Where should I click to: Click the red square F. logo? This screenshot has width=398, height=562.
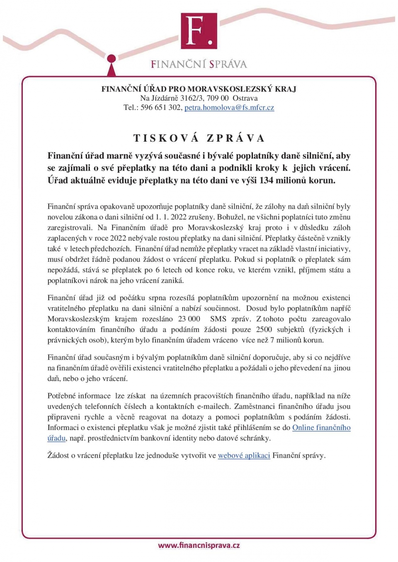pyautogui.click(x=199, y=31)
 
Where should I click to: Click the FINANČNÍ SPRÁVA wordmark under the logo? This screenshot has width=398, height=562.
pyautogui.click(x=199, y=64)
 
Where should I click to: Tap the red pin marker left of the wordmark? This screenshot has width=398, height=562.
pyautogui.click(x=111, y=62)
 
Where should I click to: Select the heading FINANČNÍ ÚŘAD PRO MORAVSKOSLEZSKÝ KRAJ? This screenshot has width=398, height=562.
pyautogui.click(x=199, y=89)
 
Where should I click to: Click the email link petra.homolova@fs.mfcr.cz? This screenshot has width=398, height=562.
pyautogui.click(x=229, y=108)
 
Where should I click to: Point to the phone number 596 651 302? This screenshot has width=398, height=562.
pyautogui.click(x=161, y=108)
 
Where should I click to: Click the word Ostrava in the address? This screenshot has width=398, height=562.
pyautogui.click(x=245, y=98)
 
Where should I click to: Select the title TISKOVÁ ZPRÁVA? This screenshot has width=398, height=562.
pyautogui.click(x=199, y=138)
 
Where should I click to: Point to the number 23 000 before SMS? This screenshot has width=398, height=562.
pyautogui.click(x=189, y=319)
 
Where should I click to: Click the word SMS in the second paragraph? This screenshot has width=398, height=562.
pyautogui.click(x=218, y=319)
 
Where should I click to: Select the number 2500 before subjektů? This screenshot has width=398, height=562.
pyautogui.click(x=264, y=330)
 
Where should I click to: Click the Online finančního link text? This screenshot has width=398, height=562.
pyautogui.click(x=321, y=428)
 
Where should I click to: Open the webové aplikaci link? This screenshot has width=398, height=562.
pyautogui.click(x=244, y=456)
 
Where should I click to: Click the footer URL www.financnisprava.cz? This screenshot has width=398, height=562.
pyautogui.click(x=199, y=545)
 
